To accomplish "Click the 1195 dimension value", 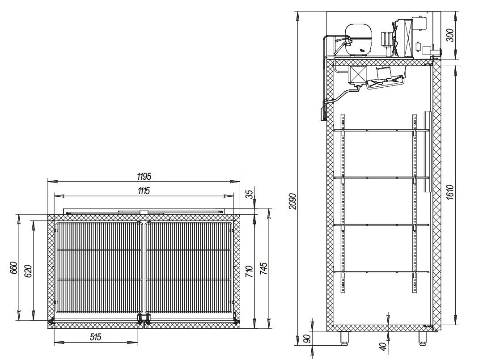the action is click(144, 177).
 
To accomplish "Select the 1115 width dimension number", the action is click(144, 191).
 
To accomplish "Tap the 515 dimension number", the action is click(96, 337).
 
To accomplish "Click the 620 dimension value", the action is click(28, 271).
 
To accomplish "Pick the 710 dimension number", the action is click(250, 271).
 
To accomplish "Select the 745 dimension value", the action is click(264, 268).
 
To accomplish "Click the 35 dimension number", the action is click(250, 194).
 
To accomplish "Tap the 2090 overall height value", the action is click(293, 201).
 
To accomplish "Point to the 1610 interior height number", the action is click(449, 192).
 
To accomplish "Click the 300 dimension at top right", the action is click(450, 35).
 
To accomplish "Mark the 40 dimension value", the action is click(383, 347).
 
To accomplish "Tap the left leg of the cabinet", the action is click(344, 337).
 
